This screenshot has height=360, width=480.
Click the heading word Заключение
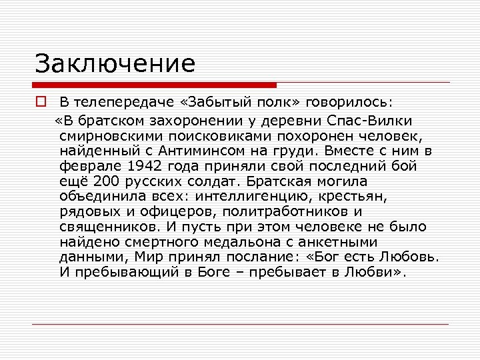[115, 64]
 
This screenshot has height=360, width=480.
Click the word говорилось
[346, 104]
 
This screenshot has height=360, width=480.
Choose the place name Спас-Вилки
[370, 120]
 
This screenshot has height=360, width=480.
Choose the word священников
[109, 227]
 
